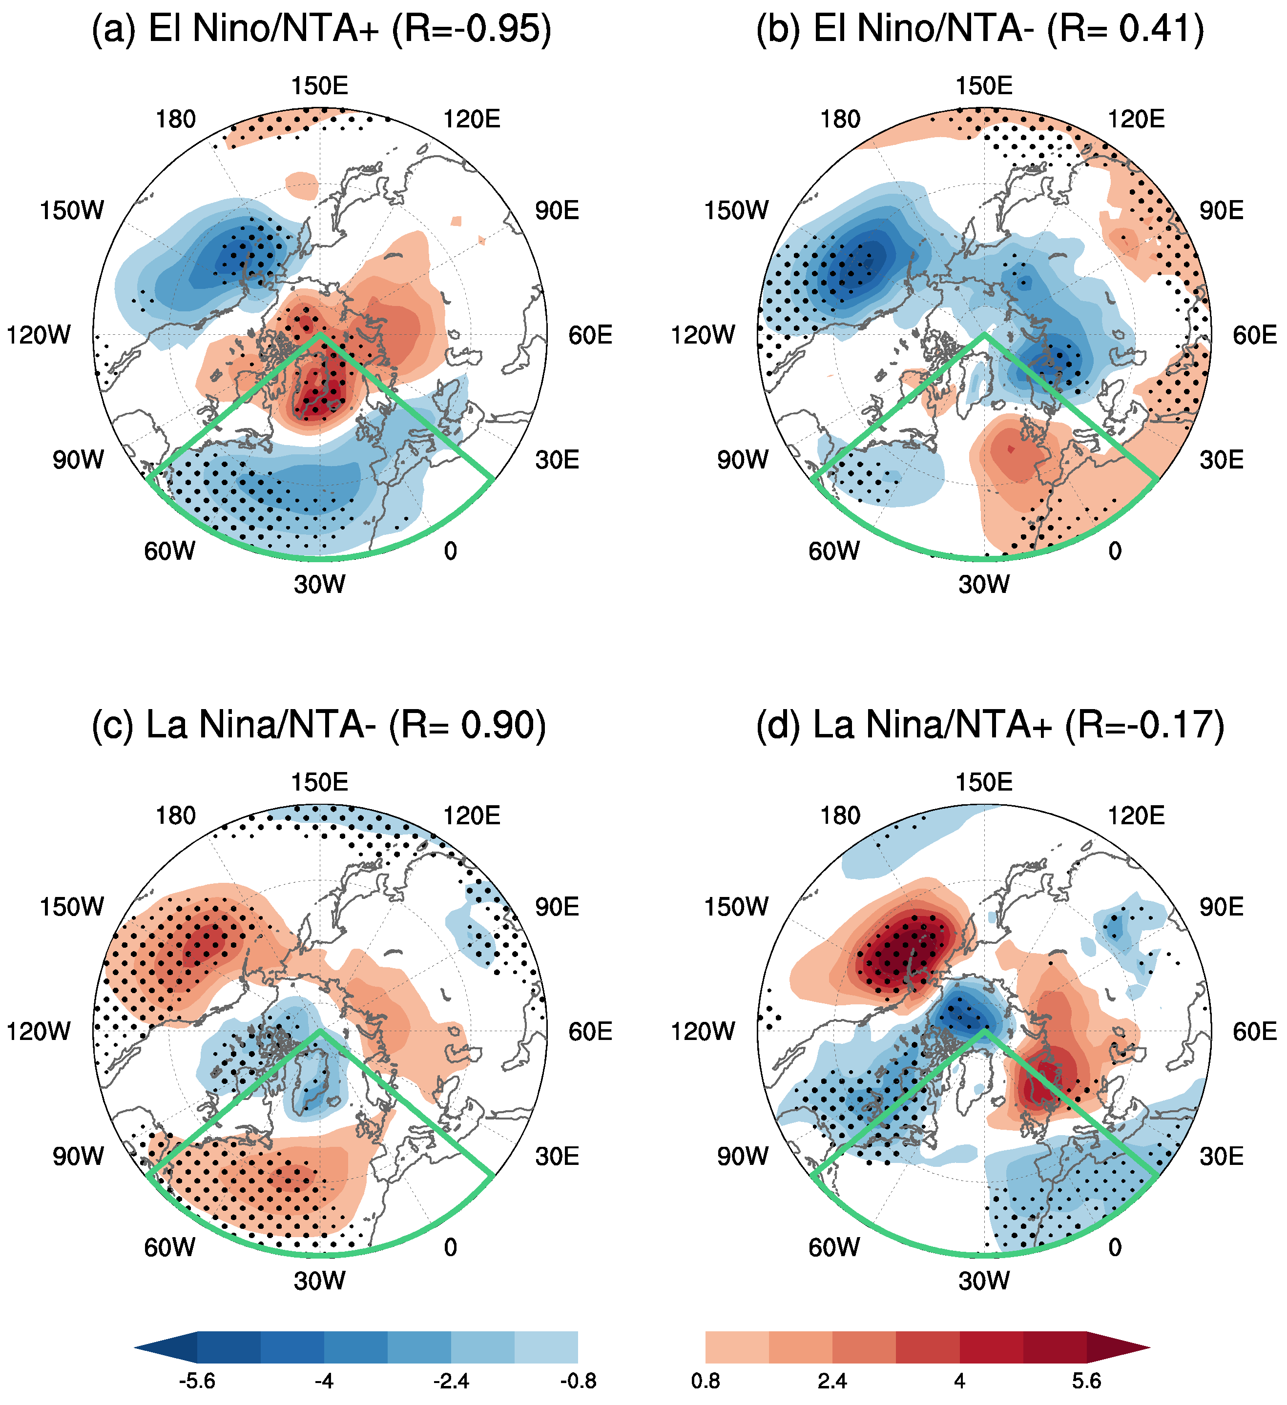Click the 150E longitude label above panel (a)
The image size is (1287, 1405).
coord(319,86)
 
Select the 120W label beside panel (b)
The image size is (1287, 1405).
coord(702,335)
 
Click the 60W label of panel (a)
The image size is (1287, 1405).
coord(169,551)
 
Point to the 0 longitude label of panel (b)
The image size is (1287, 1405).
coord(1115,551)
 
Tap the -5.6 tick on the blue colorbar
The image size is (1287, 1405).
coord(197,1381)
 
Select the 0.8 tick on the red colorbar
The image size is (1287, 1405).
coord(706,1381)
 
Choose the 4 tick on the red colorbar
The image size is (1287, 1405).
coord(959,1381)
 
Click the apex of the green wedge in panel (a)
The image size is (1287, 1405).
coord(320,334)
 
